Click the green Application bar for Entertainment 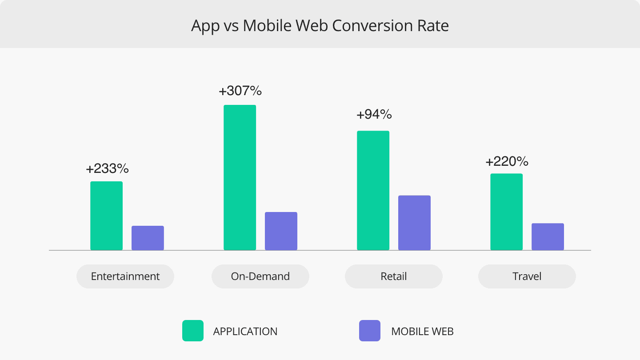[106, 216]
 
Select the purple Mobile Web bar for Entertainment [148, 238]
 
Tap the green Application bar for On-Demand [240, 177]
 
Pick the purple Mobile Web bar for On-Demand [281, 231]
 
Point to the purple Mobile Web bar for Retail [414, 223]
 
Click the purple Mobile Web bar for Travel [548, 236]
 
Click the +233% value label [107, 169]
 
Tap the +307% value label [240, 91]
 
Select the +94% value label [374, 115]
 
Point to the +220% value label [507, 161]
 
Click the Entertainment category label [125, 276]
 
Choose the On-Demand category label [260, 276]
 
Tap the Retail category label [393, 276]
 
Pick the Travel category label [527, 276]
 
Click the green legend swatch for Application [193, 331]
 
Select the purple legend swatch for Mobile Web [370, 331]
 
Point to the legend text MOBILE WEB [422, 332]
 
